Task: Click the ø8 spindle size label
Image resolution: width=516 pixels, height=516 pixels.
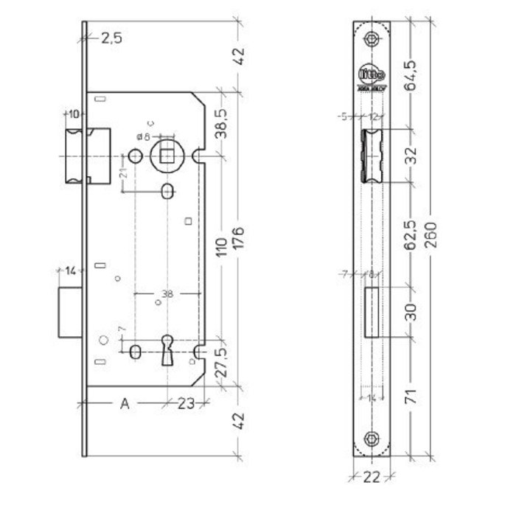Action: click(143, 137)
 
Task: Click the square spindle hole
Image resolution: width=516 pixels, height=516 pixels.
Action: click(166, 156)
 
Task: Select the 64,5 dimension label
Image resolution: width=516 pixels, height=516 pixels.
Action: click(411, 74)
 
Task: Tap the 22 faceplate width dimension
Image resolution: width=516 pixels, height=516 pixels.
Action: click(372, 477)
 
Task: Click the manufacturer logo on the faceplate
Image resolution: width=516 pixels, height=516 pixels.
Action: click(370, 77)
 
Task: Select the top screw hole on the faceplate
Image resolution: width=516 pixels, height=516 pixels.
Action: click(372, 39)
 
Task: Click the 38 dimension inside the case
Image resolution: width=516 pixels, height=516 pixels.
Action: click(167, 293)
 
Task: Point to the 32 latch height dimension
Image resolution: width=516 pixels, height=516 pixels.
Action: click(411, 156)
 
